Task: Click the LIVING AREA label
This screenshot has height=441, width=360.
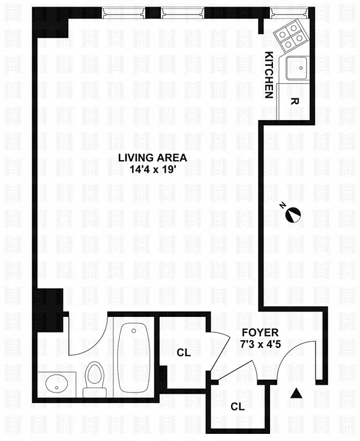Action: click(x=152, y=157)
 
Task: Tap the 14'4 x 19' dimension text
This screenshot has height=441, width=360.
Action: click(x=152, y=169)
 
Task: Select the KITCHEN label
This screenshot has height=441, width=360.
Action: click(x=269, y=75)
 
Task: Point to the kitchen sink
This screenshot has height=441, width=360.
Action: click(x=298, y=68)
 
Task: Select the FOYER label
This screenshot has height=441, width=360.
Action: click(x=260, y=332)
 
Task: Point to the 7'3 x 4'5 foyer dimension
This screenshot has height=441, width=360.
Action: click(x=260, y=344)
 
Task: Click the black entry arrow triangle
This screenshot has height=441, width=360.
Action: click(x=296, y=393)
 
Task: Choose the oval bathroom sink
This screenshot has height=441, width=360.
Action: click(x=57, y=385)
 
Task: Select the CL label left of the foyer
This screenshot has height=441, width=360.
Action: click(x=184, y=352)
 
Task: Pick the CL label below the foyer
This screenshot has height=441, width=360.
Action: click(x=238, y=406)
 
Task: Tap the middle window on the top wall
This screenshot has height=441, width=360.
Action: click(x=182, y=13)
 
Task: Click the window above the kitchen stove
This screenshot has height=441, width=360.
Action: click(x=289, y=13)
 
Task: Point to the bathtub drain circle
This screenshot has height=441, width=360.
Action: click(x=134, y=331)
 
